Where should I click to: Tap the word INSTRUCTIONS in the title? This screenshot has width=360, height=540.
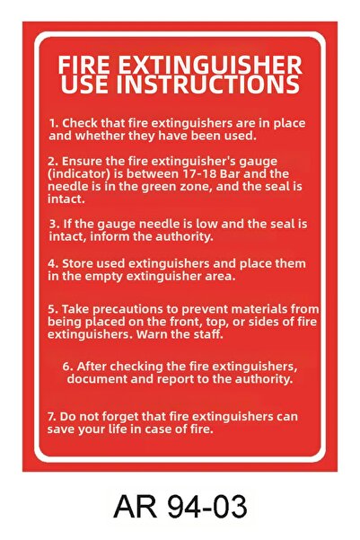(208, 84)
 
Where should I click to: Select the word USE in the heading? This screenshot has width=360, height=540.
(86, 84)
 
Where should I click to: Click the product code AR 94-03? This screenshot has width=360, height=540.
(180, 506)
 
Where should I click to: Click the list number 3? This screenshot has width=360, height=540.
(54, 225)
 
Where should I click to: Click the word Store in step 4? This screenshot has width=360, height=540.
(78, 264)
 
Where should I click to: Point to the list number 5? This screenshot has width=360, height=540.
(53, 309)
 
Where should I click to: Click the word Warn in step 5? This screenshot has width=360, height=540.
(152, 334)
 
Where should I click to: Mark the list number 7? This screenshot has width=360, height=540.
(52, 417)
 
